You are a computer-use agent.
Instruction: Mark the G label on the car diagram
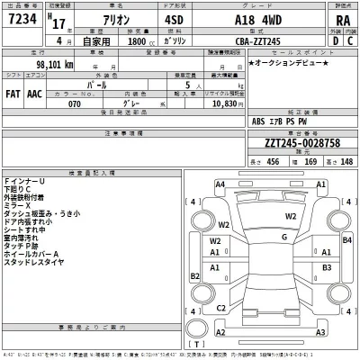[283, 237]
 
